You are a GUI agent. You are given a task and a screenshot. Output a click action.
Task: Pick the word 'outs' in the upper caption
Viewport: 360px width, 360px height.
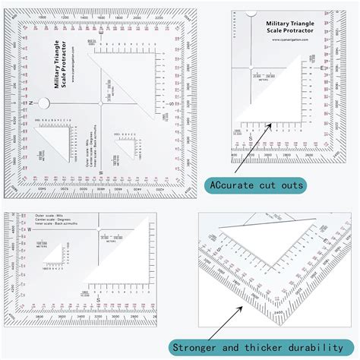291,185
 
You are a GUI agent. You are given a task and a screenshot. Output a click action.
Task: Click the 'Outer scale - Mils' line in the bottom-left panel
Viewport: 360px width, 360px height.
51,216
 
